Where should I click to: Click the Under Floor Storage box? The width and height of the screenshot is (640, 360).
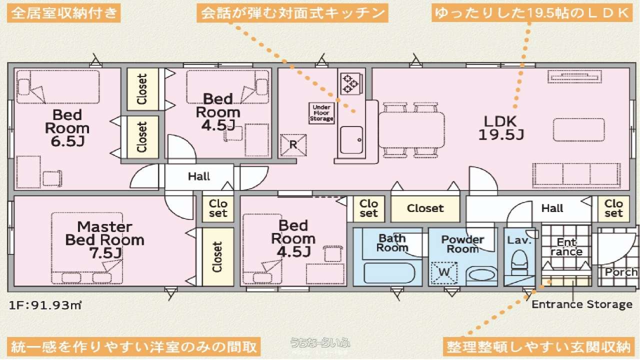[321, 113]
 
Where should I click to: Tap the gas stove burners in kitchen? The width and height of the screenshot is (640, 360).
[351, 83]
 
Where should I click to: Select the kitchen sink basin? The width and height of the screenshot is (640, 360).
[351, 140]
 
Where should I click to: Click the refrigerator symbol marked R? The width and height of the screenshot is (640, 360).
[293, 145]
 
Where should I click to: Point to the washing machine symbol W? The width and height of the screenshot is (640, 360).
[444, 273]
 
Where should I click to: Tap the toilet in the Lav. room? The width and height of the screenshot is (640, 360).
[519, 262]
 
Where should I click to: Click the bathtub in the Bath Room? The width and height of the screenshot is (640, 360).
[389, 273]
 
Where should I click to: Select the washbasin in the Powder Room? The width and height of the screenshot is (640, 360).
[482, 275]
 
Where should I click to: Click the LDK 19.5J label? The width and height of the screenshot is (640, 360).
[501, 128]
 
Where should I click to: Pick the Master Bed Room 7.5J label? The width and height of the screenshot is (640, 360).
[104, 240]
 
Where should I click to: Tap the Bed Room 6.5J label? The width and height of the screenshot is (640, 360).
[67, 128]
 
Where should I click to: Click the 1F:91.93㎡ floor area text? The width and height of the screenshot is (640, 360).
[45, 305]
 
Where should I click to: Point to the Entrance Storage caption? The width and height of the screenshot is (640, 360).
[581, 304]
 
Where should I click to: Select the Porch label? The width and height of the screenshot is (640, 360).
[621, 272]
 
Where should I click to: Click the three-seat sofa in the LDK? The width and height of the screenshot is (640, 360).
[576, 175]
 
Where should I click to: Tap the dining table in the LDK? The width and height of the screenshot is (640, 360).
[411, 130]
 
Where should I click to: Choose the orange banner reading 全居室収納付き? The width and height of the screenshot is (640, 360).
[63, 13]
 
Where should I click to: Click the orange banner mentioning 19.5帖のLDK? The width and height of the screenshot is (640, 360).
[531, 12]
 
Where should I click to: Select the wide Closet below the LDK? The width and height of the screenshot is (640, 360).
[425, 208]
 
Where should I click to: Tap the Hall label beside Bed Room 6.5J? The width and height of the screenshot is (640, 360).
[199, 176]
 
